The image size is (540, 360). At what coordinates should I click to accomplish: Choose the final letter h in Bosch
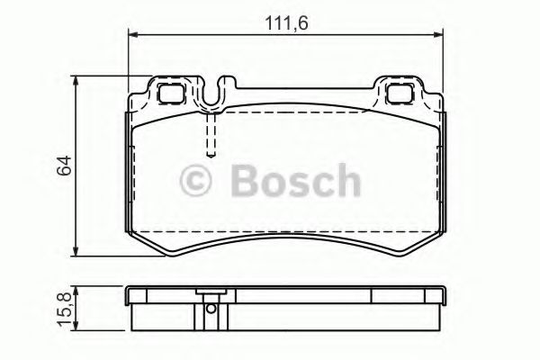point(346,180)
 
